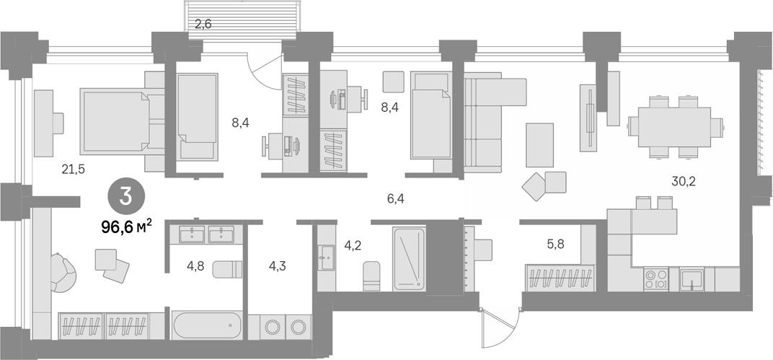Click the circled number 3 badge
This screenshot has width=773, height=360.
pyautogui.click(x=126, y=197)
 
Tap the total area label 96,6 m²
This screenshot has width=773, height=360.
pyautogui.click(x=126, y=227)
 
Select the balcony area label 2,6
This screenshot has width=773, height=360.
pyautogui.click(x=203, y=24)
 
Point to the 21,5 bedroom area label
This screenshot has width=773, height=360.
pyautogui.click(x=74, y=170)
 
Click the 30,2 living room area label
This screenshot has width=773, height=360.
pyautogui.click(x=684, y=181)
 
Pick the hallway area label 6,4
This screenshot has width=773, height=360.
pyautogui.click(x=396, y=199)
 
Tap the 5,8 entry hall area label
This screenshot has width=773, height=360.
pyautogui.click(x=555, y=244)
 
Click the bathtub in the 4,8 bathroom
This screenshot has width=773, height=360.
pyautogui.click(x=207, y=325)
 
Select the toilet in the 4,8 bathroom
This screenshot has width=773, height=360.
pyautogui.click(x=227, y=269)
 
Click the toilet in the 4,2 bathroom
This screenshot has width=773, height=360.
pyautogui.click(x=371, y=276)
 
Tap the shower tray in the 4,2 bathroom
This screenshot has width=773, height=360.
pyautogui.click(x=409, y=258)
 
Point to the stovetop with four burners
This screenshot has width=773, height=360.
pyautogui.click(x=656, y=279)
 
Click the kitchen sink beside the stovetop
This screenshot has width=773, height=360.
pyautogui.click(x=692, y=279)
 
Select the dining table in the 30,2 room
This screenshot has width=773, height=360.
pyautogui.click(x=674, y=127)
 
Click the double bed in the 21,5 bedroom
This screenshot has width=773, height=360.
pyautogui.click(x=115, y=120)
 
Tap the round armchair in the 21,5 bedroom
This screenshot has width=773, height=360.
pyautogui.click(x=63, y=273)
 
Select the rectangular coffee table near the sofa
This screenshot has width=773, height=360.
pyautogui.click(x=540, y=145)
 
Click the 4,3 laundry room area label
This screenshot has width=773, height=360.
pyautogui.click(x=277, y=266)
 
